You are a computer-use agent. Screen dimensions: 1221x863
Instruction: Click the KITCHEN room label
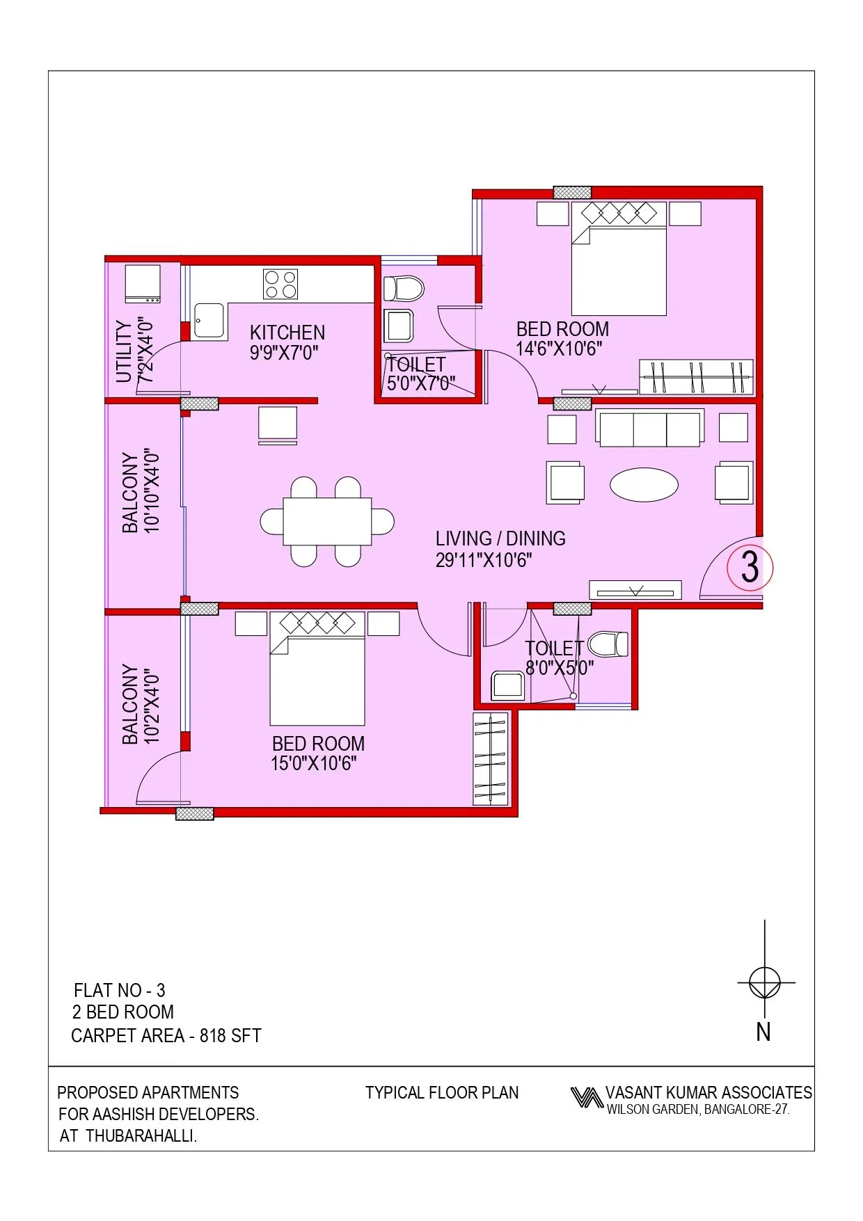(287, 333)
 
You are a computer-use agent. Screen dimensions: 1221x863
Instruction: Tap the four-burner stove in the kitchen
(280, 285)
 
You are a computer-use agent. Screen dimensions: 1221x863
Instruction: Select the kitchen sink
(209, 321)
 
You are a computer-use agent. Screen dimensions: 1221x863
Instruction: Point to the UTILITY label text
(124, 351)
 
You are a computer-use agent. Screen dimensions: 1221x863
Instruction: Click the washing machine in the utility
(143, 283)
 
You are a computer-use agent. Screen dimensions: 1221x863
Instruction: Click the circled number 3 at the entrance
(750, 568)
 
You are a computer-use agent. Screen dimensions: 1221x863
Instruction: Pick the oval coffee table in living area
(644, 484)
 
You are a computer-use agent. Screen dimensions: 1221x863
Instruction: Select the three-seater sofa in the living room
(649, 428)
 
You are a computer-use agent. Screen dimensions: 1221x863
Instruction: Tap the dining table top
(327, 521)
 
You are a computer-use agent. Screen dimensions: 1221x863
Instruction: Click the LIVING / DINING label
(500, 538)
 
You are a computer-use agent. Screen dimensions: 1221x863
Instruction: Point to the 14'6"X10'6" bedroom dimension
(559, 349)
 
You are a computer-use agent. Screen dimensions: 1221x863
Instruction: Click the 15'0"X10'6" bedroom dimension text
(313, 763)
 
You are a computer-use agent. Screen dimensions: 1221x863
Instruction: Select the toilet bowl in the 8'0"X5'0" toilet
(608, 644)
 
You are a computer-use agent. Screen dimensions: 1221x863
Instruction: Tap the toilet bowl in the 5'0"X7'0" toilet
(404, 288)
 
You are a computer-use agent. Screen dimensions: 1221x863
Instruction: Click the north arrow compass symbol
(765, 983)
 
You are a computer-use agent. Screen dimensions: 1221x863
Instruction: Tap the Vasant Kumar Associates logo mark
(586, 1097)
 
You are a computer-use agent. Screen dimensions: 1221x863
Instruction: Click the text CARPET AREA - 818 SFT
(166, 1036)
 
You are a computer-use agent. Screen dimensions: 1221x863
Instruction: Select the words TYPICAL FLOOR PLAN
(442, 1092)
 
